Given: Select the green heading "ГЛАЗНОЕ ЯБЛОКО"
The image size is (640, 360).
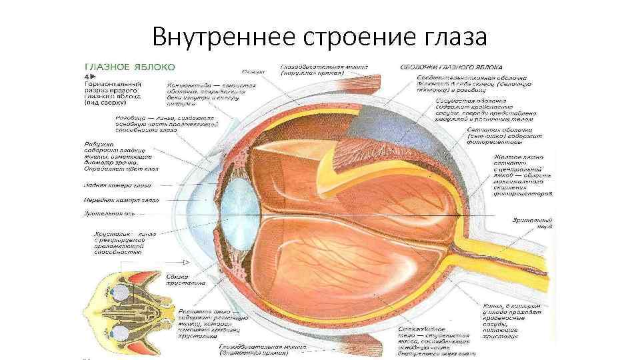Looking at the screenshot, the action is click(129, 66).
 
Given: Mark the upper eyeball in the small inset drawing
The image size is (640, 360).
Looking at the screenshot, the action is click(121, 291).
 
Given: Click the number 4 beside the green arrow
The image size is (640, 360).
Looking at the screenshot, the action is click(85, 77).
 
